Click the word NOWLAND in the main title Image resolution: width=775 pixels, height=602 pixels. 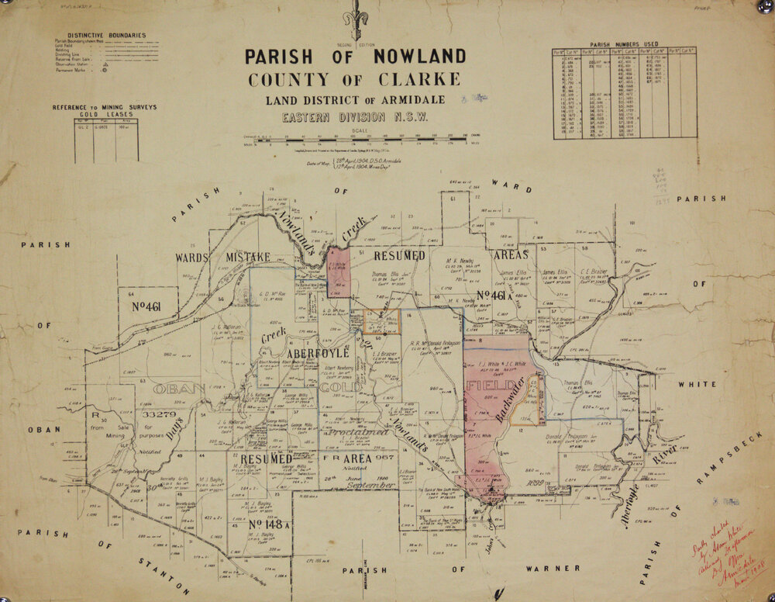[x=415, y=57]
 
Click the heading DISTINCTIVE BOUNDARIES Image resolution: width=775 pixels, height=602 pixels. [x=106, y=35]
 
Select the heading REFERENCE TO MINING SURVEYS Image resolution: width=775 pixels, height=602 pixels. [x=104, y=107]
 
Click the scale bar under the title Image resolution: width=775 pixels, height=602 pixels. [x=356, y=143]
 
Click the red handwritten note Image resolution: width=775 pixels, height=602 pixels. [x=717, y=552]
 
